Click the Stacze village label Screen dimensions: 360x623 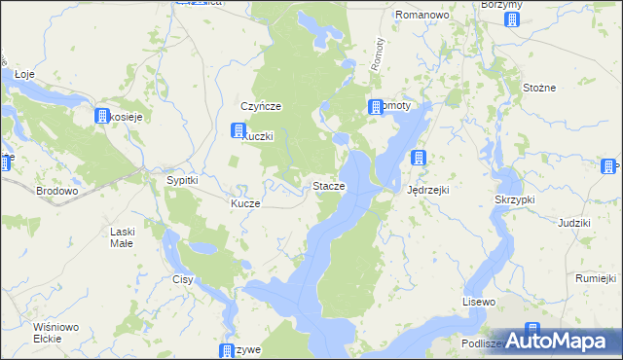pos(327,186)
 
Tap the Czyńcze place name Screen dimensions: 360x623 pos(261,106)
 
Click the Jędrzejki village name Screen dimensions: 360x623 pos(427,190)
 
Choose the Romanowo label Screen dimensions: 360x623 pos(421,16)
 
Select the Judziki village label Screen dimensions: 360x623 pos(574,223)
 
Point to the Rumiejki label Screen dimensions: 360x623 pos(596,278)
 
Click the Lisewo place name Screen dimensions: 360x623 pos(479,303)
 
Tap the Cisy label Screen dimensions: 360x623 pos(182,279)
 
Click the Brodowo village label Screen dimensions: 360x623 pos(56,192)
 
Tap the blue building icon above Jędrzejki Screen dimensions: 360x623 pos(419,158)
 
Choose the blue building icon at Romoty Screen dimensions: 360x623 pos(375,107)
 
